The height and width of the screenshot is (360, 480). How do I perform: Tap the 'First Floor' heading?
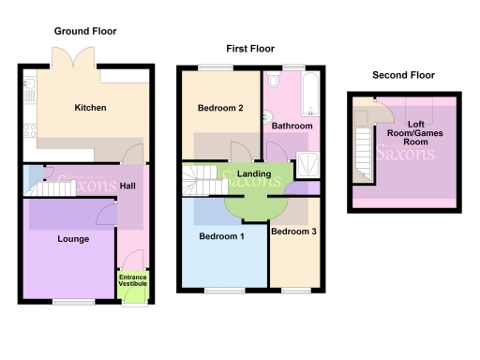249,47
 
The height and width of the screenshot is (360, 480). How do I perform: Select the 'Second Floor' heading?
403,75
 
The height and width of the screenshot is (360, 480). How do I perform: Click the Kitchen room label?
90,108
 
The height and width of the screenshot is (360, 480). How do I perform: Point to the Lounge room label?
73,239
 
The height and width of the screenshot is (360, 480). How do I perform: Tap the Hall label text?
128,186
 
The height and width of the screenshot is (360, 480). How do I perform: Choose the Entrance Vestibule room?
131,280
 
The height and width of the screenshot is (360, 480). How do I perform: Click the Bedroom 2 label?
220,108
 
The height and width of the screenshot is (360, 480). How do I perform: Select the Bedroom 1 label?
221,236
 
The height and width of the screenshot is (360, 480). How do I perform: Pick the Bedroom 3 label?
293,231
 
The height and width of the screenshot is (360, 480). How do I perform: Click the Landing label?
254,173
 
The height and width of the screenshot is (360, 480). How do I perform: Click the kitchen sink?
29,91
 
